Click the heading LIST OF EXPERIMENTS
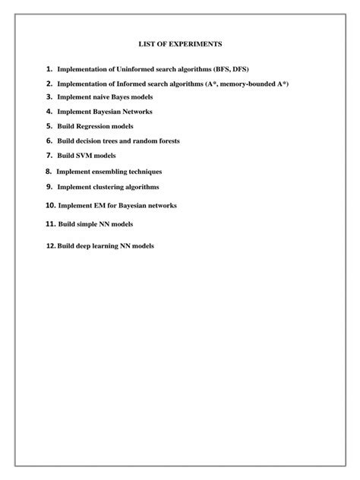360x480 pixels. [179, 46]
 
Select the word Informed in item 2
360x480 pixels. [125, 84]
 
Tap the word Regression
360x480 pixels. [94, 126]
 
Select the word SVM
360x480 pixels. [83, 155]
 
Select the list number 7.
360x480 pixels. [48, 155]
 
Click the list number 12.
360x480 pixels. [50, 246]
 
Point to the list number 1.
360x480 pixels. [48, 70]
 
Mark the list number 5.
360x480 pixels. [48, 126]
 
